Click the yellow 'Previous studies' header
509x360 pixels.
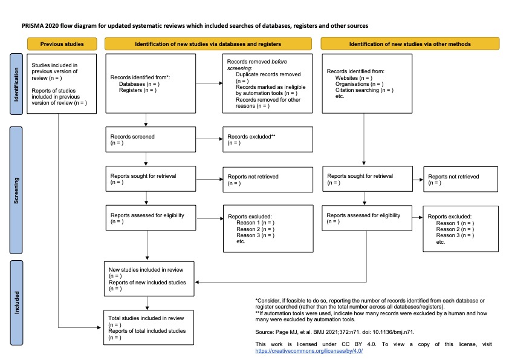pyautogui.click(x=62, y=44)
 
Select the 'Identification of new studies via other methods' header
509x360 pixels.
pyautogui.click(x=410, y=44)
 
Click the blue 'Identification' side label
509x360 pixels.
pyautogui.click(x=17, y=83)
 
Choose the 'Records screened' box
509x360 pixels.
pyautogui.click(x=151, y=139)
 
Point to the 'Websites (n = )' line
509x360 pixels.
pyautogui.click(x=354, y=78)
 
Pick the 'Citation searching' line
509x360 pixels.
pyautogui.click(x=364, y=90)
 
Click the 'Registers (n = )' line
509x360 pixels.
pyautogui.click(x=138, y=90)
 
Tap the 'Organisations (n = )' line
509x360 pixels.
pyautogui.click(x=359, y=84)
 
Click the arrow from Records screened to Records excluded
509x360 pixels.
pyautogui.click(x=209, y=139)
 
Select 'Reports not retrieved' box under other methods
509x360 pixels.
pyautogui.click(x=461, y=179)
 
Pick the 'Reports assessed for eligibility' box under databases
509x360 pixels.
pyautogui.click(x=151, y=218)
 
